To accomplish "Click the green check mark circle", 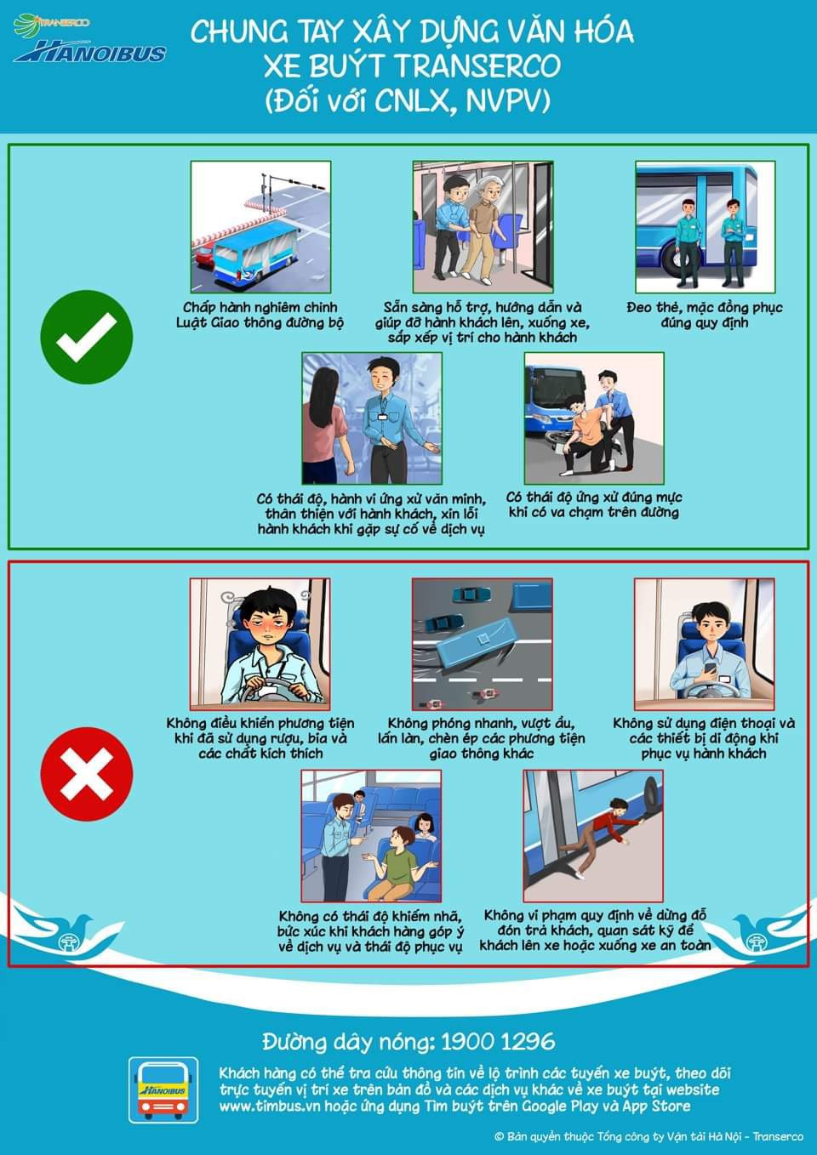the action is [x=87, y=337].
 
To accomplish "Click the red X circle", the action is [x=87, y=773].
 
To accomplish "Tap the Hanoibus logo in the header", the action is [x=89, y=52].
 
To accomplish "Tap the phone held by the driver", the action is [x=711, y=669].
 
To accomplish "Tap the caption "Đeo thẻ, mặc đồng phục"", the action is [x=705, y=308].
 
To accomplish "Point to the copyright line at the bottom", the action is [x=648, y=1137].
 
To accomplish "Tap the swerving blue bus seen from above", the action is [x=478, y=644].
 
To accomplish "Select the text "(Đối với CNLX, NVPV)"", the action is [x=408, y=100].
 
